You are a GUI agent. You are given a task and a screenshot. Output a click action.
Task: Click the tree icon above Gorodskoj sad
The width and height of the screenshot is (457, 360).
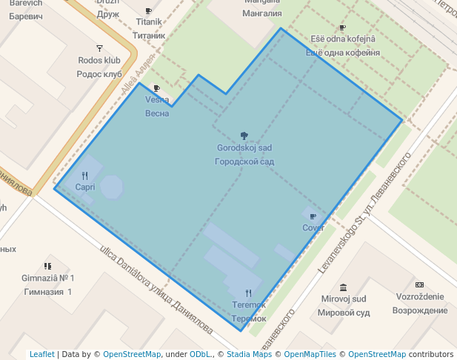[244, 136]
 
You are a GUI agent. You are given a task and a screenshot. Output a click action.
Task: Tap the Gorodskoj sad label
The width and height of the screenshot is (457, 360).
[244, 148]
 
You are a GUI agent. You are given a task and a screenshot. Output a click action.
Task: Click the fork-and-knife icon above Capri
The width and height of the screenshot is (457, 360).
[85, 176]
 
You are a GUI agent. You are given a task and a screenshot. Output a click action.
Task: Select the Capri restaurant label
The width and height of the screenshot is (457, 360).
[85, 187]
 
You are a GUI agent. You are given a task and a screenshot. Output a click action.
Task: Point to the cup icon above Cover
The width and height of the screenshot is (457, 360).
[313, 216]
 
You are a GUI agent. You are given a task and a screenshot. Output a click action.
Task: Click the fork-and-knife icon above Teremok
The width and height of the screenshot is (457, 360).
[248, 293]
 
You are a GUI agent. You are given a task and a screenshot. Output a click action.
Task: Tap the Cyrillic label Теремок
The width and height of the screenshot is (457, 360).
[248, 319]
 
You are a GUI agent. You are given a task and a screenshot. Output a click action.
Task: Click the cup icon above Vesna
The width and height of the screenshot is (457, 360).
[156, 88]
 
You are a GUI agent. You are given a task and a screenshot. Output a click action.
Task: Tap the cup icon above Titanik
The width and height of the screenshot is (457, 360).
[149, 11]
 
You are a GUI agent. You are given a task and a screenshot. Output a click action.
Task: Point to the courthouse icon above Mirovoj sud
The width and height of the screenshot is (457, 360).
[343, 287]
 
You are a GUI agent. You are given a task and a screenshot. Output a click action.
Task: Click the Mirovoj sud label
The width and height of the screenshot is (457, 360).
[343, 299]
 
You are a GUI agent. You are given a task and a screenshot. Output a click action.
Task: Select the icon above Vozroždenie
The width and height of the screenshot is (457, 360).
[420, 285]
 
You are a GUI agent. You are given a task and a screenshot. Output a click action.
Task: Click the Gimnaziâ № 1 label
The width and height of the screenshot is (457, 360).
[48, 278]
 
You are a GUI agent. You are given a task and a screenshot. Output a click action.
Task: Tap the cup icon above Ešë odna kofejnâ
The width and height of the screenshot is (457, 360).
[342, 28]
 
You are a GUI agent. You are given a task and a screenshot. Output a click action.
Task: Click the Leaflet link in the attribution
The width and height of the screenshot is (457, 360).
[41, 354]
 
